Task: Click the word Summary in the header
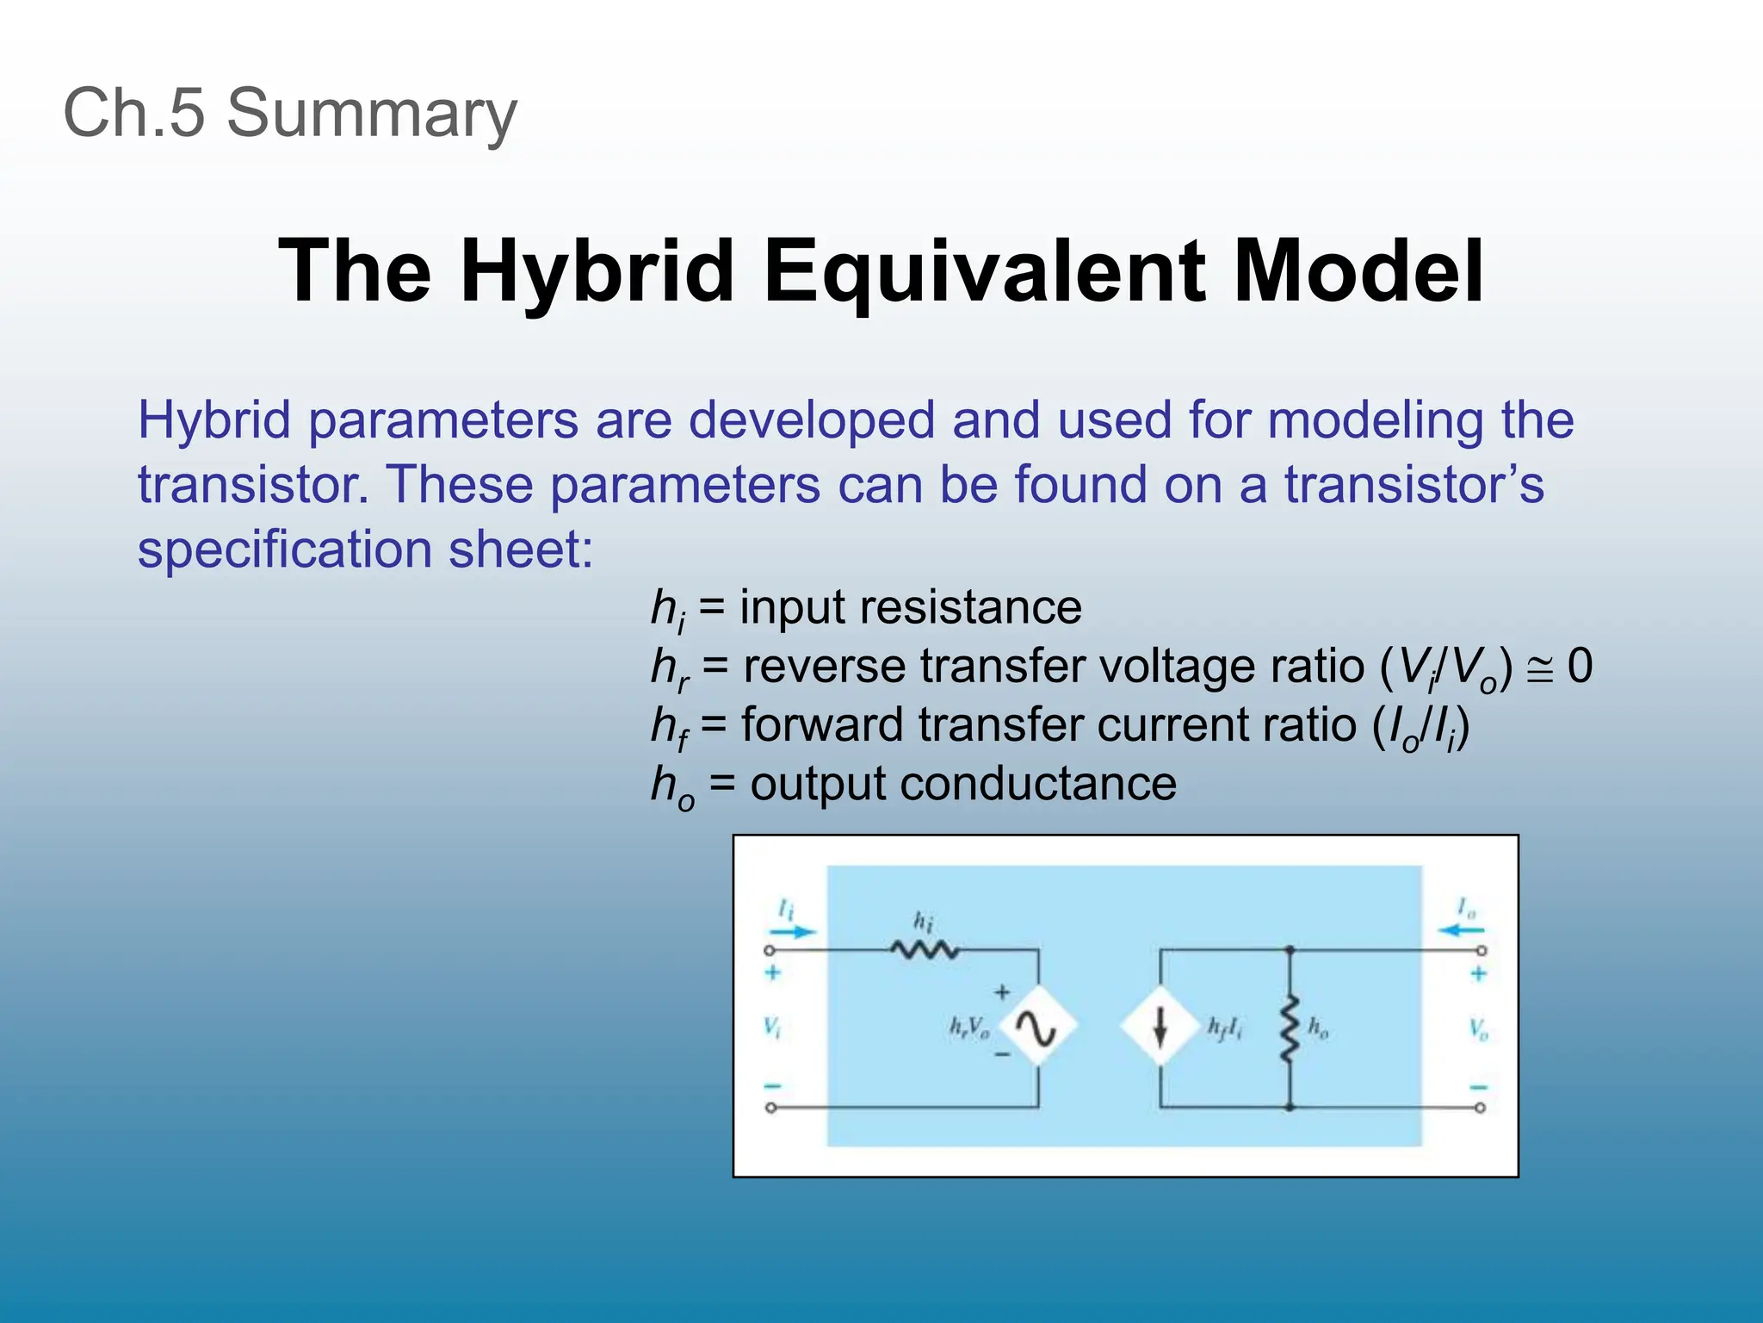click(372, 115)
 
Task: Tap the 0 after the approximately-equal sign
click(1580, 666)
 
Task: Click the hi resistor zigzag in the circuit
click(925, 950)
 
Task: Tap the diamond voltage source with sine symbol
click(1037, 1027)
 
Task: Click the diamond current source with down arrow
click(1160, 1027)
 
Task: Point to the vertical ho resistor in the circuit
click(1289, 1028)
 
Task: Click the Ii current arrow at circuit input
click(792, 931)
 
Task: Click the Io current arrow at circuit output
click(1461, 930)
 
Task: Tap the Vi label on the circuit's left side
click(772, 1027)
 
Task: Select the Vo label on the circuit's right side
click(1478, 1028)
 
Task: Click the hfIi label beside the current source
click(1224, 1028)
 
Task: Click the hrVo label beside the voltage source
click(969, 1027)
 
